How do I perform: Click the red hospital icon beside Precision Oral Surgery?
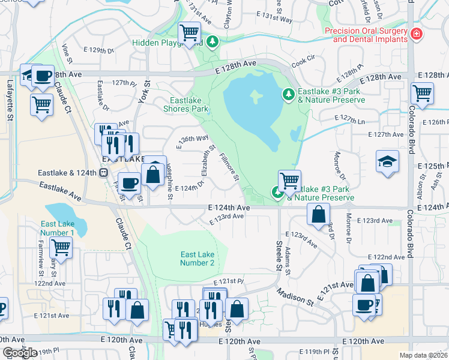(x=416, y=35)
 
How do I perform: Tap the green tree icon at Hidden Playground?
(x=212, y=41)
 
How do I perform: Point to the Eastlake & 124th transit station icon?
(x=103, y=173)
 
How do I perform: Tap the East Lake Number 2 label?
(x=197, y=259)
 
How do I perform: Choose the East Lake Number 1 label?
(x=58, y=228)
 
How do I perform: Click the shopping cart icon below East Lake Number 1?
(x=61, y=246)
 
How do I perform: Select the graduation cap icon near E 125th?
(x=387, y=161)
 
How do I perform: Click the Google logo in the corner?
(x=20, y=353)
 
